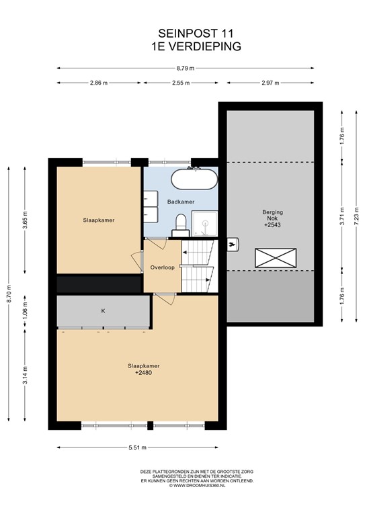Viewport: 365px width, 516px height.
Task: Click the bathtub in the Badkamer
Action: tap(194, 179)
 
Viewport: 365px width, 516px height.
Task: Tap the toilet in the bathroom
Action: tap(181, 224)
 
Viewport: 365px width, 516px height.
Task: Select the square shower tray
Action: tap(205, 224)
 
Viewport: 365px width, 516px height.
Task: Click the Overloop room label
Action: tap(162, 267)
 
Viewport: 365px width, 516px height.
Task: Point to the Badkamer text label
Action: tap(181, 202)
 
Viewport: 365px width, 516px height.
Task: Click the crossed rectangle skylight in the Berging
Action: tap(276, 258)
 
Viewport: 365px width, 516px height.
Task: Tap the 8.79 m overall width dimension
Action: tap(186, 69)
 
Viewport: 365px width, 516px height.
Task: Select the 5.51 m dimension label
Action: tap(137, 447)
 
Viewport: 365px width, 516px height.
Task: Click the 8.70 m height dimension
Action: tap(9, 294)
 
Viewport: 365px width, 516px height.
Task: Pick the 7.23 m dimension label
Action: tap(356, 216)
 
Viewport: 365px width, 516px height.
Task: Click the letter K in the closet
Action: tap(103, 311)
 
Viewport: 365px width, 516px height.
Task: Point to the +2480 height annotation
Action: tap(143, 373)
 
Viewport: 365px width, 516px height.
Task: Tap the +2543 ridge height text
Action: tap(272, 226)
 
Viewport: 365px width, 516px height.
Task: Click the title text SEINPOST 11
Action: tap(196, 34)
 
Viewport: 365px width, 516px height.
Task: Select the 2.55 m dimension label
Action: tap(181, 83)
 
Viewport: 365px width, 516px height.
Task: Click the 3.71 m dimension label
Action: tap(343, 216)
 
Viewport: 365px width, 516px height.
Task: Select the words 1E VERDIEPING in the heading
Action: tap(196, 46)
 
